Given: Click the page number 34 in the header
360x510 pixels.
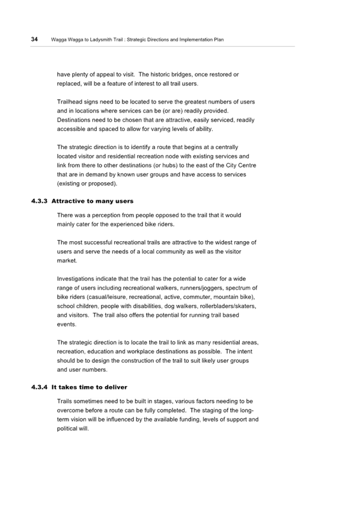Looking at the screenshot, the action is (x=34, y=39).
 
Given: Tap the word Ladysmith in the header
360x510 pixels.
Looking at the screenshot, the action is (x=99, y=40).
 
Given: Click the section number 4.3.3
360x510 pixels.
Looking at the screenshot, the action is (x=39, y=201).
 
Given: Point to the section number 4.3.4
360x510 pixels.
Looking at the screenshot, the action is (x=39, y=387).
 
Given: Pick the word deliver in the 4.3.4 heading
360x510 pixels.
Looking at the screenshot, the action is (x=117, y=387).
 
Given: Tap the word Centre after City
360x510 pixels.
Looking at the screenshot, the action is (x=246, y=165).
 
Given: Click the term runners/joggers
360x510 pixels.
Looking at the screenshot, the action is (x=201, y=288).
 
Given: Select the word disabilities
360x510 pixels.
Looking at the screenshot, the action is (x=147, y=306).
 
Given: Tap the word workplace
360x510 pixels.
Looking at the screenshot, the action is (x=141, y=352).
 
